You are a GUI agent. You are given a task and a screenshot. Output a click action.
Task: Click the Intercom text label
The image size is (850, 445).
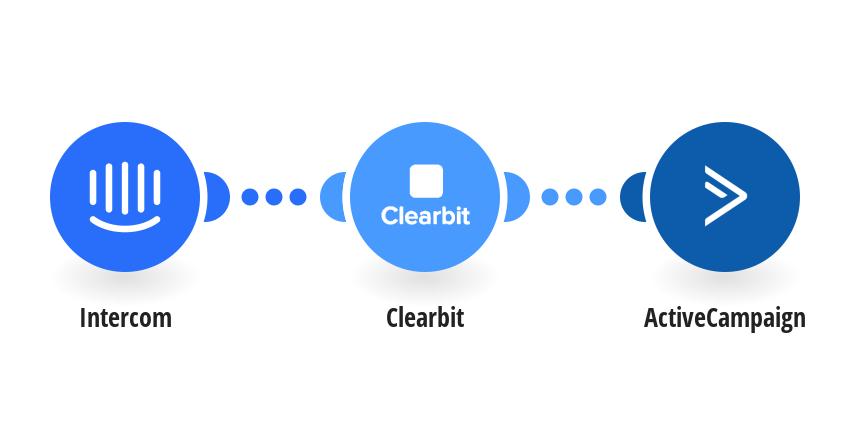pyautogui.click(x=125, y=318)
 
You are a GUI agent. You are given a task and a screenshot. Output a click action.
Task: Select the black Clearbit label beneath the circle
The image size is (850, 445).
pyautogui.click(x=425, y=318)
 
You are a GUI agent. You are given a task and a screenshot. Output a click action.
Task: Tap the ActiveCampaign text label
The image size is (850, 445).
pyautogui.click(x=725, y=318)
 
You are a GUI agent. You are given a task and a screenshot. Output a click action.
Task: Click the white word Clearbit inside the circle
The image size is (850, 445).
pyautogui.click(x=426, y=216)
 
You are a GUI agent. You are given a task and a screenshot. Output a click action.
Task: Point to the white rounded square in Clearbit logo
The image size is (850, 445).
pyautogui.click(x=426, y=181)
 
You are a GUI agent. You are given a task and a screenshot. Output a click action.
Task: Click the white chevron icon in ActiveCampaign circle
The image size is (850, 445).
pyautogui.click(x=725, y=196)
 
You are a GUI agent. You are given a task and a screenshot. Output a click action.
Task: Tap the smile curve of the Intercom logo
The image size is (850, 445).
pyautogui.click(x=125, y=223)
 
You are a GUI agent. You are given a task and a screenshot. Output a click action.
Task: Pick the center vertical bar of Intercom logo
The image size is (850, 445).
pyautogui.click(x=125, y=188)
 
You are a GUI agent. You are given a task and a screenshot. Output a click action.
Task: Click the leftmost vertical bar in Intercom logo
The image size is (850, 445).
pyautogui.click(x=93, y=188)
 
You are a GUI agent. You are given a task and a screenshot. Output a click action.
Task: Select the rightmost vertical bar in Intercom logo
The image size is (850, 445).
pyautogui.click(x=157, y=188)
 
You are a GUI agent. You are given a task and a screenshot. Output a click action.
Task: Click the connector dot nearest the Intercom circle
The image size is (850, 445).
pyautogui.click(x=250, y=197)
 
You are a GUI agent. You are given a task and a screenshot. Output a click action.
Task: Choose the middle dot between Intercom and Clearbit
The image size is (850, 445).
pyautogui.click(x=274, y=197)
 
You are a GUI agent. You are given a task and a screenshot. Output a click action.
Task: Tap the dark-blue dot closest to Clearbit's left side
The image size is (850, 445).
pyautogui.click(x=298, y=197)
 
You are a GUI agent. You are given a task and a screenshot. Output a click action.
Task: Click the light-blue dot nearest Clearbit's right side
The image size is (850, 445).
pyautogui.click(x=550, y=197)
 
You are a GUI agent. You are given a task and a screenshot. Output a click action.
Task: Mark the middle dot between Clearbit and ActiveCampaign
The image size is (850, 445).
pyautogui.click(x=574, y=197)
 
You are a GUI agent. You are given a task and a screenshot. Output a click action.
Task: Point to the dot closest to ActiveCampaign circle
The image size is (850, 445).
pyautogui.click(x=598, y=197)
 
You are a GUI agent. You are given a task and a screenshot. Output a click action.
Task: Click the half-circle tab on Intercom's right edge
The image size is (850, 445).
pyautogui.click(x=216, y=197)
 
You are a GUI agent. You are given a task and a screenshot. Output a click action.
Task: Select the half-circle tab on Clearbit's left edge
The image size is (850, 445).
pyautogui.click(x=332, y=197)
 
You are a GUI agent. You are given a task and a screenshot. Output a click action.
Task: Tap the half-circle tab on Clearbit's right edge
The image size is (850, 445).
pyautogui.click(x=516, y=197)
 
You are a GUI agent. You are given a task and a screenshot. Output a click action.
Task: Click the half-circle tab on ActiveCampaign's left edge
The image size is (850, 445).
pyautogui.click(x=632, y=197)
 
